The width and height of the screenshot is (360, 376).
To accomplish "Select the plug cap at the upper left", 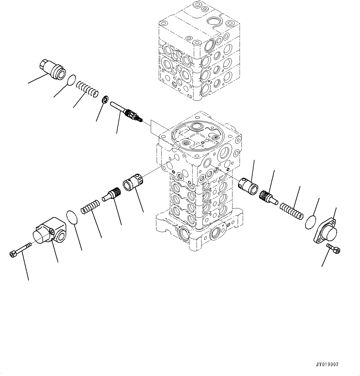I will point(52,69).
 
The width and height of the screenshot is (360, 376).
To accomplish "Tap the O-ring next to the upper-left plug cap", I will point(72,80).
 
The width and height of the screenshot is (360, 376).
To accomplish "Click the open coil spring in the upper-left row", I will point(87,88).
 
